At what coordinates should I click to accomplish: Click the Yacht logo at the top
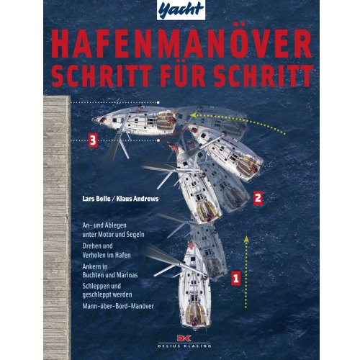[181, 10]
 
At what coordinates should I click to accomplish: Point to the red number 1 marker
[233, 275]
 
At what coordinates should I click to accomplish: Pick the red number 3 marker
[91, 140]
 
